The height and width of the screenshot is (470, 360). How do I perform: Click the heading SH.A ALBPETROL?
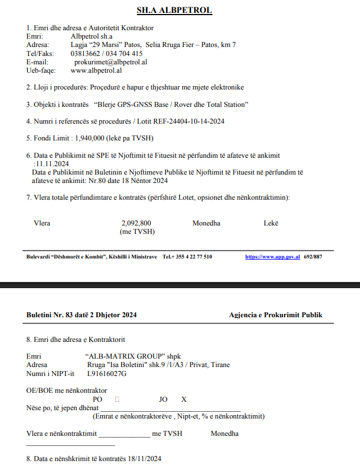pos(174,10)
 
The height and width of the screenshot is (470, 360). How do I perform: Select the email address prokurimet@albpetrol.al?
pos(111,62)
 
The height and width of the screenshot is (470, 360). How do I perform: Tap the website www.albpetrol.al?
pos(97,70)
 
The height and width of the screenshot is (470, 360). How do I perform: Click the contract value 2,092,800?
pos(136,223)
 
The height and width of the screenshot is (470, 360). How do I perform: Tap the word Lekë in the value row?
pos(271,223)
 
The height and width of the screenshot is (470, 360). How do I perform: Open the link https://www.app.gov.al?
pos(272,256)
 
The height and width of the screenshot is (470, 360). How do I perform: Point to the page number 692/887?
pos(312,256)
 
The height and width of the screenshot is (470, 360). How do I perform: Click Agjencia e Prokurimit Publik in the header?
pos(276,315)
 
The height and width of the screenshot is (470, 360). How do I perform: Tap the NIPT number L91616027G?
pos(106,373)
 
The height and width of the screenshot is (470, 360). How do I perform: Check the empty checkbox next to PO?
pos(117,399)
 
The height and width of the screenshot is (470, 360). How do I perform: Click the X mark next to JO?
pos(183,399)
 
